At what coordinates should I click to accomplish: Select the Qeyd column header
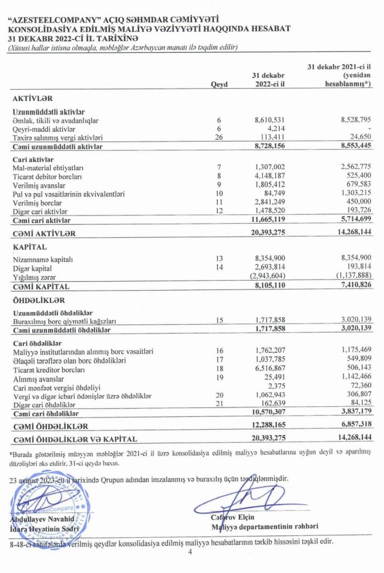coord(218,85)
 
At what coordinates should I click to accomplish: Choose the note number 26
coord(218,136)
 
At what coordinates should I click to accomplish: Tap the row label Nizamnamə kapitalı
coord(43,259)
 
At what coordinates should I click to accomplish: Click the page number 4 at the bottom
coord(190,552)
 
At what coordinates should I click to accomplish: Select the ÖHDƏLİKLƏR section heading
coord(38,301)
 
